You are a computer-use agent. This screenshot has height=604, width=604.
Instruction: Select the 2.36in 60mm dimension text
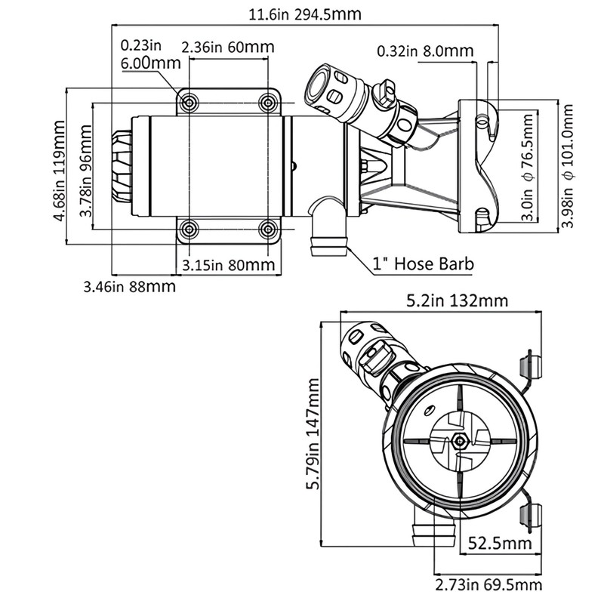(x=228, y=47)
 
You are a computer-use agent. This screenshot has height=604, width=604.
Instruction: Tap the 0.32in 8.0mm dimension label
(x=425, y=51)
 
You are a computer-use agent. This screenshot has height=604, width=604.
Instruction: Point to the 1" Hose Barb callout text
(x=423, y=264)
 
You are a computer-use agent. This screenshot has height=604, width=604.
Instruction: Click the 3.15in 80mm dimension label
(x=228, y=265)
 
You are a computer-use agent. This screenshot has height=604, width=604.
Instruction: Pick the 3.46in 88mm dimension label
(x=129, y=286)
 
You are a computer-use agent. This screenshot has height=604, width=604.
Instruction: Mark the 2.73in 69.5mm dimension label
(x=488, y=585)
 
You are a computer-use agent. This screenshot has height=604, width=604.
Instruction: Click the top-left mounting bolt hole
(x=190, y=102)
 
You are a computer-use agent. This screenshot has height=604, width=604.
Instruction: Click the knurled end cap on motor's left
(x=122, y=166)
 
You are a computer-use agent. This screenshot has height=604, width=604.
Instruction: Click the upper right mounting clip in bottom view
(x=532, y=365)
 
